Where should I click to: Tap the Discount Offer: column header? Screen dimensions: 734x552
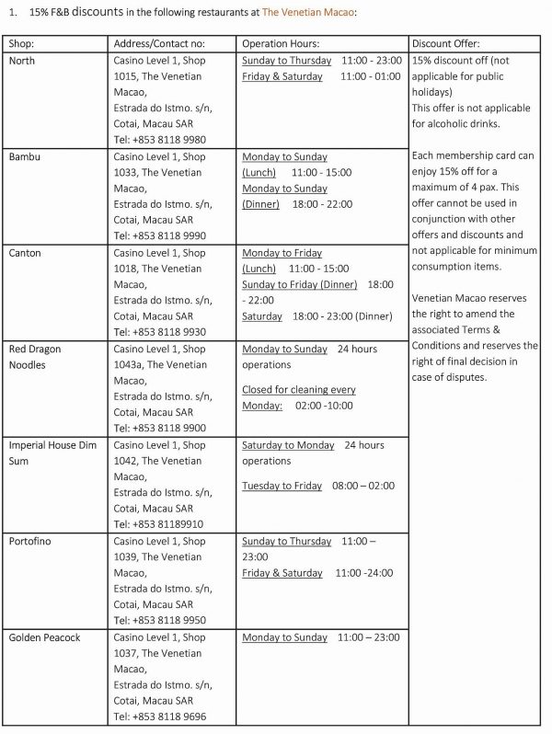(446, 44)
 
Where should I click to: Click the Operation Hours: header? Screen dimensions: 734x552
(281, 44)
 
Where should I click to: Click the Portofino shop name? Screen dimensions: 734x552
(29, 542)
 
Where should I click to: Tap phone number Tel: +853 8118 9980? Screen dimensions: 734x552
(159, 140)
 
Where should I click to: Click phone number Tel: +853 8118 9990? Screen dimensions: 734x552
(159, 236)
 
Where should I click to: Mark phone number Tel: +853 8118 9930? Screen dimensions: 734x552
(159, 332)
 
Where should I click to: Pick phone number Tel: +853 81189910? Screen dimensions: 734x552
(157, 524)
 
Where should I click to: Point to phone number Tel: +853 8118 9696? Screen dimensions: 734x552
(159, 717)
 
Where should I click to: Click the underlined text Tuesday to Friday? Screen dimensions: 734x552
(282, 486)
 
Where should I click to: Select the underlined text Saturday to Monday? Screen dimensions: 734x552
(288, 445)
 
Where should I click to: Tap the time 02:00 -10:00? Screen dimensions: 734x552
(326, 406)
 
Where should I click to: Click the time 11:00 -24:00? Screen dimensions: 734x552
(364, 573)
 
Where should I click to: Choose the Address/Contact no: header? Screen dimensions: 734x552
(158, 44)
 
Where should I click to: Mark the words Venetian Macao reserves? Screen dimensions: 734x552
(469, 298)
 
